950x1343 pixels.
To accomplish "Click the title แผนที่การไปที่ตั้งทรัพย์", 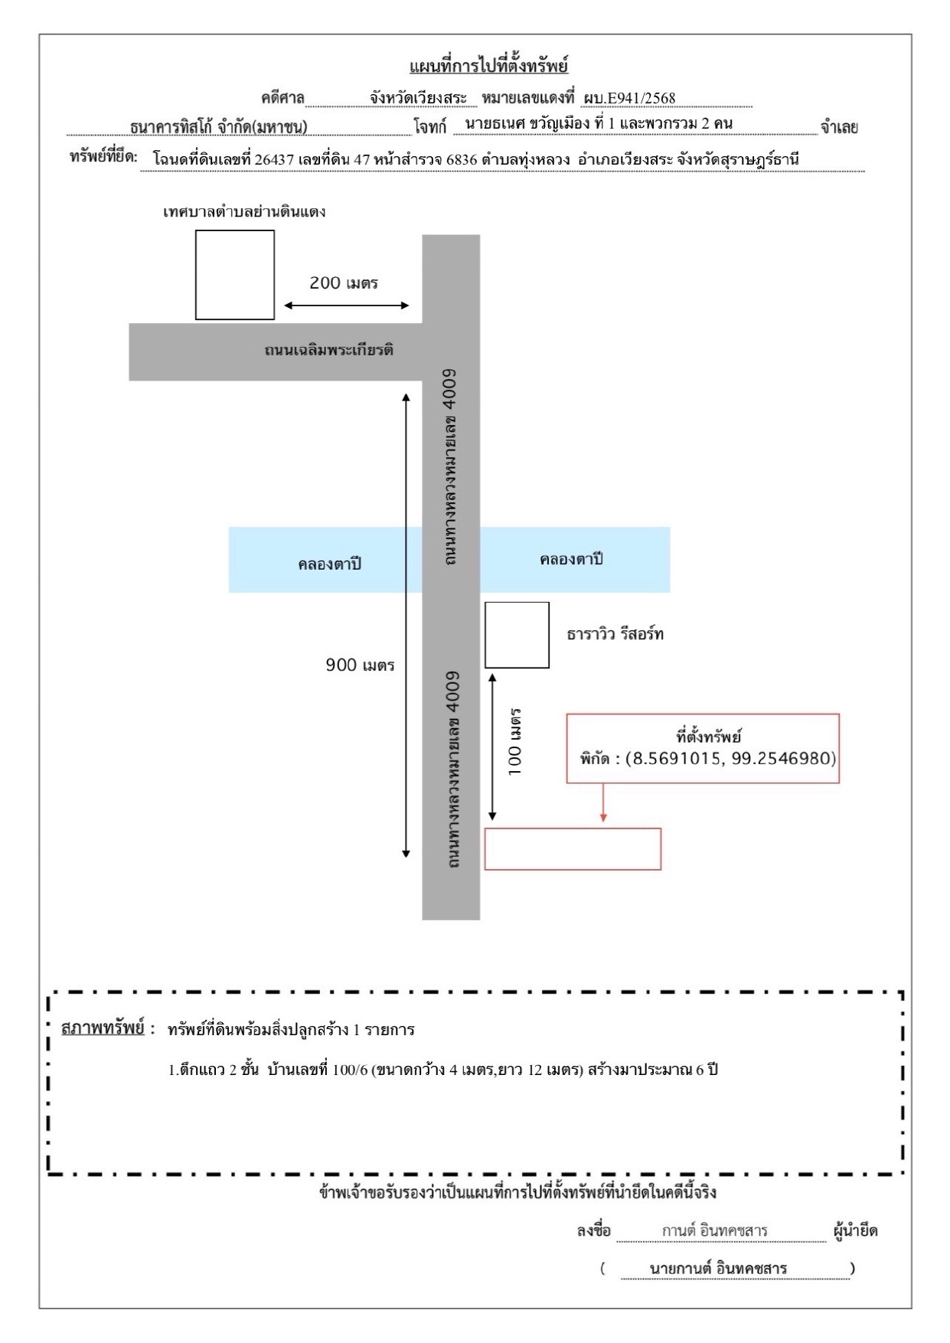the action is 489,66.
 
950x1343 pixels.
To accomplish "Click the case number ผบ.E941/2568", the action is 628,98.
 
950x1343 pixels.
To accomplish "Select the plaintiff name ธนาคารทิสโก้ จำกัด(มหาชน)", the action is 219,127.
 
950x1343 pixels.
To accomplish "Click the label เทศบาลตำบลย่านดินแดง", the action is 244,211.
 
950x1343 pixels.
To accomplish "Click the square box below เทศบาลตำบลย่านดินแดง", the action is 235,275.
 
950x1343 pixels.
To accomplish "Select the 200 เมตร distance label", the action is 344,283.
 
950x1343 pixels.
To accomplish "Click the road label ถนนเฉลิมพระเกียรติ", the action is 329,351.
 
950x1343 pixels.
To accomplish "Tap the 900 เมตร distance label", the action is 360,665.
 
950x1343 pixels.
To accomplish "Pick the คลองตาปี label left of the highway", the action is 329,564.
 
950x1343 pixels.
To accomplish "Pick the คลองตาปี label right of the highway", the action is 571,560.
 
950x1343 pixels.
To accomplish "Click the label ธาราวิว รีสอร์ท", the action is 615,634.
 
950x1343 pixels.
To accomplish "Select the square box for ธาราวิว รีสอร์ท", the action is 517,635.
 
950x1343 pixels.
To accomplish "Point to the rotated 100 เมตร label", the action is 516,742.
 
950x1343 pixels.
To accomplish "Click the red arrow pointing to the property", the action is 603,802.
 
